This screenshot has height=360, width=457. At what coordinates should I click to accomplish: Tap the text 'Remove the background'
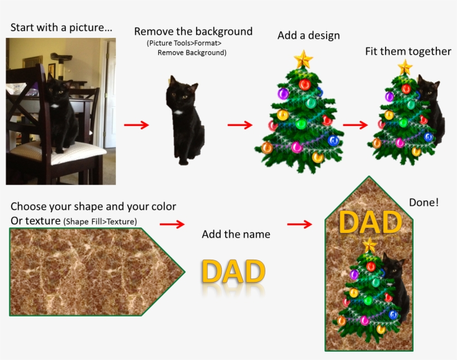tap(193, 32)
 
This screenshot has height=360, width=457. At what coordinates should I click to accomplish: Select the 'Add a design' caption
tap(308, 36)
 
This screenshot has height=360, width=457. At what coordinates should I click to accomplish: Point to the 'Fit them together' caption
tap(408, 51)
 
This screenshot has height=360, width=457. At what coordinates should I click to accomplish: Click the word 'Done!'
tap(424, 203)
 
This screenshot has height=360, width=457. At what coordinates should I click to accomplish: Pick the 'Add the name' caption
tap(236, 235)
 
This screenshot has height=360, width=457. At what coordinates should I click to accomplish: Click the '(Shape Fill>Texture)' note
tap(100, 222)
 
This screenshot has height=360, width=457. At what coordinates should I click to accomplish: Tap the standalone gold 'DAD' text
tap(233, 271)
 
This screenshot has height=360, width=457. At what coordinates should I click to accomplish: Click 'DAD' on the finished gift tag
tap(370, 222)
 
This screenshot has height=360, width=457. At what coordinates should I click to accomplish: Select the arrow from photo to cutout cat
tap(137, 125)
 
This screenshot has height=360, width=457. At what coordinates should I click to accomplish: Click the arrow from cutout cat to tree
tap(240, 125)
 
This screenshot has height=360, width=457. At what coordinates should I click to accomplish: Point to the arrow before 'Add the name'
tap(172, 224)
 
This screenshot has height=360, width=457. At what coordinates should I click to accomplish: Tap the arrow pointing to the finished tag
tap(299, 224)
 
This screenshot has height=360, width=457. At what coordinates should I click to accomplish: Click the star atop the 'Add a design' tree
tap(303, 59)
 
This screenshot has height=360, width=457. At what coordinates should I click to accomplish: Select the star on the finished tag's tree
tap(369, 245)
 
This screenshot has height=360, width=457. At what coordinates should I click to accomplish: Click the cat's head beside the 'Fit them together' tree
tap(428, 87)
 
